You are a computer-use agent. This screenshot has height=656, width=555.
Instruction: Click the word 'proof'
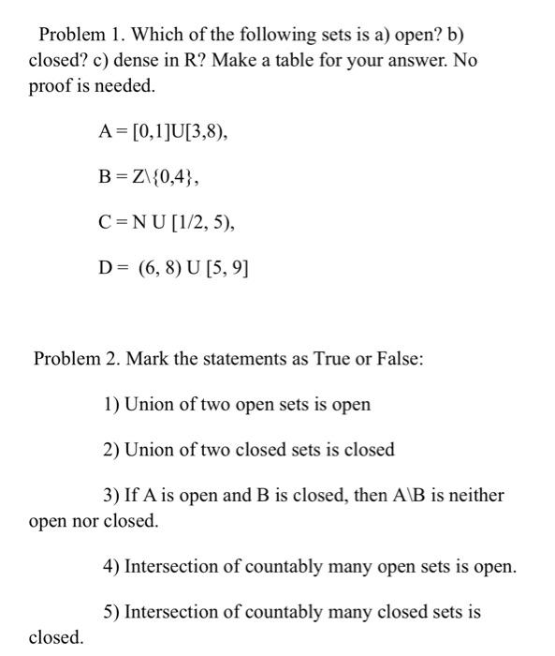point(51,85)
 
